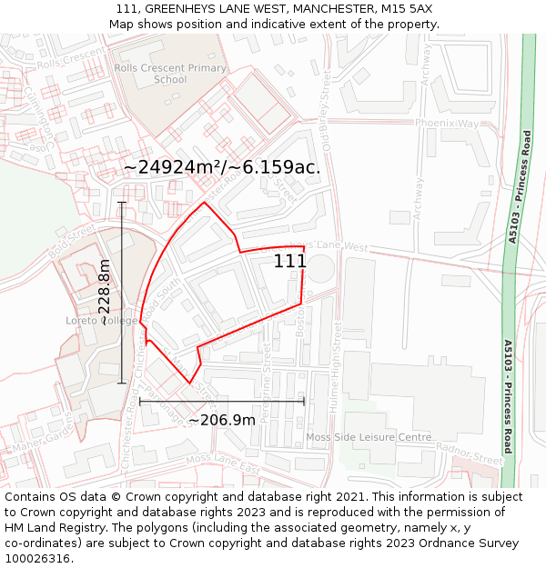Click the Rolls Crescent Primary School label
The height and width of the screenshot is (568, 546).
[170, 74]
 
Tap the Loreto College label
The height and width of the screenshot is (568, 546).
[101, 321]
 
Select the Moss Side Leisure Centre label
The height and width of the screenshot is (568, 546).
[369, 437]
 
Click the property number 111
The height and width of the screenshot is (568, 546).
[289, 261]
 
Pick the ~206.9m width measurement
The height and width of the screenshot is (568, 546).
[221, 420]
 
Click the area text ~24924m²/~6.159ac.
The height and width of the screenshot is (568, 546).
[221, 167]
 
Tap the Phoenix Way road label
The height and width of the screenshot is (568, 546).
[446, 123]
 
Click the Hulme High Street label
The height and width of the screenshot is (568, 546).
[335, 369]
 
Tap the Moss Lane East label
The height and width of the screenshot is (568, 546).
[222, 463]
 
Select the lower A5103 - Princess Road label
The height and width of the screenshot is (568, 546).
[508, 396]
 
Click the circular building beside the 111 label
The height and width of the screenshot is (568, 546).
[320, 269]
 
